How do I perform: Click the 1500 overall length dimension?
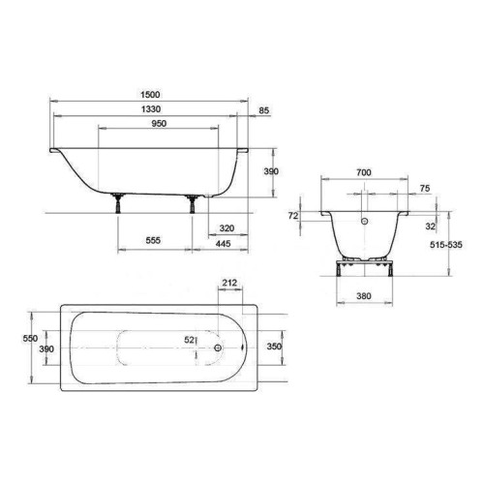tap(150, 95)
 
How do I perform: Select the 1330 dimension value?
tap(151, 109)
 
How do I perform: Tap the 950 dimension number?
tap(159, 124)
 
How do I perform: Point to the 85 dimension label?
tap(263, 110)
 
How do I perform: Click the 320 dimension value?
tap(227, 228)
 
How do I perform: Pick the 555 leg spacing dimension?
tap(153, 240)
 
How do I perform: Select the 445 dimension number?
tap(223, 244)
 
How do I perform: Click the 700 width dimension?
tap(364, 172)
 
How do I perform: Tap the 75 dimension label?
tap(425, 188)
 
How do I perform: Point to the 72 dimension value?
tap(293, 216)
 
